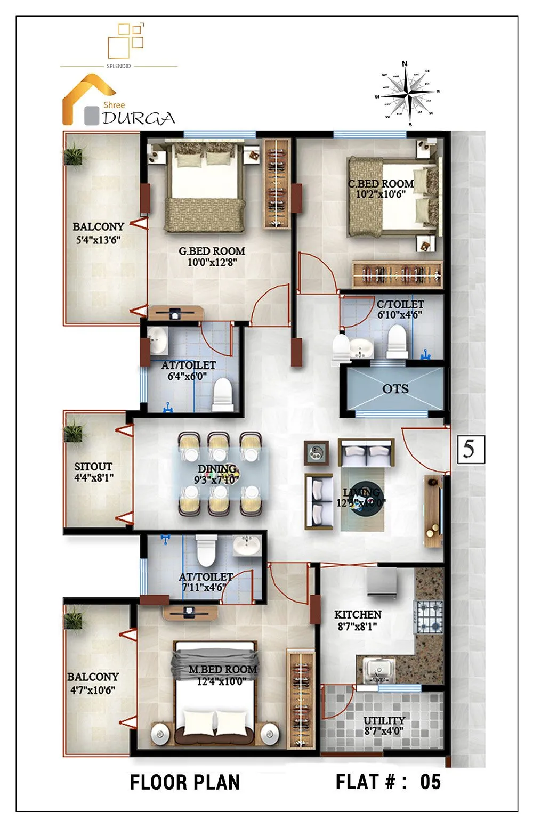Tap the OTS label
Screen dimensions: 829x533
tap(395, 389)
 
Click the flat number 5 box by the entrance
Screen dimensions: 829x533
tap(470, 449)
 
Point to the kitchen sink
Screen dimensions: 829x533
tap(378, 669)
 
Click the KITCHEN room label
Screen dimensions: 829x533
tap(358, 614)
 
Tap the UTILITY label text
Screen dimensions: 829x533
tap(384, 720)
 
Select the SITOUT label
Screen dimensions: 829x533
tap(93, 466)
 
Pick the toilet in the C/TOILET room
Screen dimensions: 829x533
tap(397, 342)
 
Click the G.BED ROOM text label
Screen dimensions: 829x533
tap(212, 251)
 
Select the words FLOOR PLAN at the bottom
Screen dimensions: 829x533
tap(185, 782)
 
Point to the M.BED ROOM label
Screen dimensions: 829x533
tap(222, 669)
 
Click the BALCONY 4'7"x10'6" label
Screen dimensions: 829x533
tap(93, 677)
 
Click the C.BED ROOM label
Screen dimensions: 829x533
tap(381, 184)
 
